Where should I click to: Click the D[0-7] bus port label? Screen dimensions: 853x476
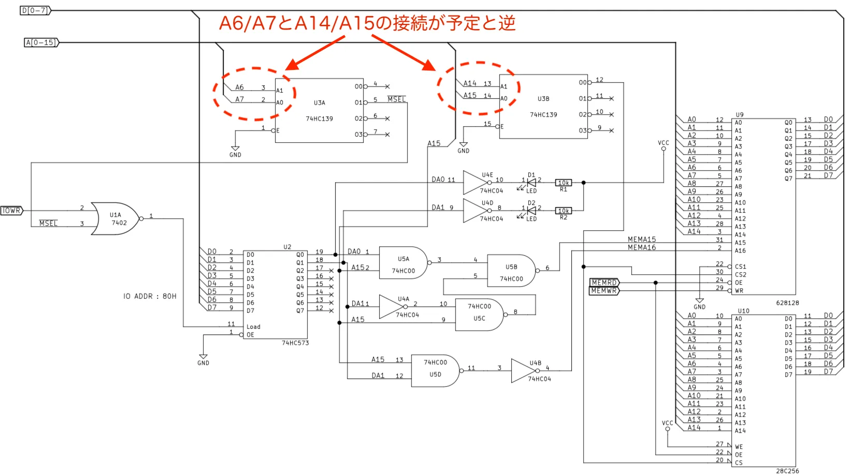pos(35,11)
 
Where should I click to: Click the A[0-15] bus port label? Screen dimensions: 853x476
pos(41,42)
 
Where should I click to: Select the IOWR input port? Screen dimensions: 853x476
pos(12,211)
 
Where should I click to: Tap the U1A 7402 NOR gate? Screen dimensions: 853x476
pos(116,219)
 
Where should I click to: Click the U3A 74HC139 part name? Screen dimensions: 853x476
pos(319,119)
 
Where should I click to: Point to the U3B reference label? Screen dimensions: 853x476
pos(543,98)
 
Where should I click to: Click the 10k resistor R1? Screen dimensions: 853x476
pos(563,183)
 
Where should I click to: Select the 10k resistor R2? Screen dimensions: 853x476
pos(563,211)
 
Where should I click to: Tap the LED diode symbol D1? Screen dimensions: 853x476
pos(531,183)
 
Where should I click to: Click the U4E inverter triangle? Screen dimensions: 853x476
pos(476,183)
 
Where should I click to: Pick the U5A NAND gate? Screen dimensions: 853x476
pos(405,263)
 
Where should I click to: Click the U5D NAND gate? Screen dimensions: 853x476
pos(437,371)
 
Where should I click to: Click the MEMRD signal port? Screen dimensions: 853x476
pos(604,283)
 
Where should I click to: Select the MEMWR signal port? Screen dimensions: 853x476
pos(604,291)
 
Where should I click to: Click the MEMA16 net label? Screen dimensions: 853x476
pos(642,248)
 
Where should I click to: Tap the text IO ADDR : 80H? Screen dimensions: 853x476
pos(150,296)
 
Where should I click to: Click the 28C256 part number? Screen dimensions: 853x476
pos(788,471)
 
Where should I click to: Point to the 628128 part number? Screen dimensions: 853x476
pos(788,303)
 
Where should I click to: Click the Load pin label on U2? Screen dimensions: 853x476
pos(253,327)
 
